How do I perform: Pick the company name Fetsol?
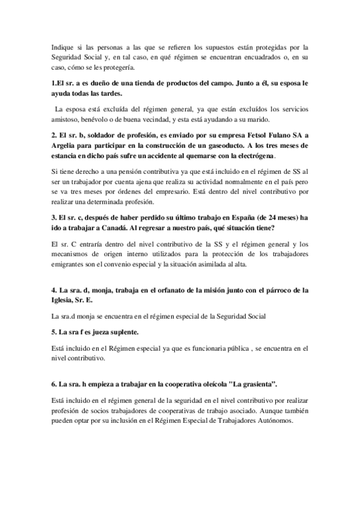[254, 134]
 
